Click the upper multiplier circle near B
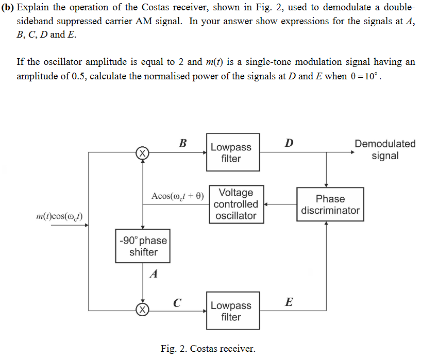click(x=142, y=153)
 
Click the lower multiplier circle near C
click(x=142, y=310)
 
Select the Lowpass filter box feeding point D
click(x=231, y=153)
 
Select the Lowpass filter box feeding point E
click(x=231, y=311)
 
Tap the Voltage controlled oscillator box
click(x=236, y=204)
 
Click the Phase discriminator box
click(x=330, y=204)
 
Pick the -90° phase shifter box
click(x=143, y=246)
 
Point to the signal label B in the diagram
click(x=183, y=143)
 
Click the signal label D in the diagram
click(x=289, y=143)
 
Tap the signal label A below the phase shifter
click(x=153, y=275)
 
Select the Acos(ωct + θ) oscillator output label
click(x=178, y=196)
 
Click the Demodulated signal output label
click(x=384, y=150)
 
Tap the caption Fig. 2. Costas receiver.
click(x=208, y=349)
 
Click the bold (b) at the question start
click(x=8, y=8)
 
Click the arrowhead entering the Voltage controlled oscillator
click(x=266, y=204)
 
